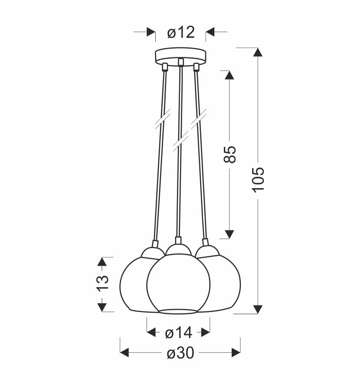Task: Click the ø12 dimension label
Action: point(180,32)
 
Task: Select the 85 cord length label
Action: point(230,154)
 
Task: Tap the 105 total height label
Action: point(258,179)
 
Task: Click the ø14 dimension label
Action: point(178,333)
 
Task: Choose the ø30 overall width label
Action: point(180,354)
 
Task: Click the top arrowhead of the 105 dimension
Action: point(258,52)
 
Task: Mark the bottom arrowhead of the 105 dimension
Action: point(258,309)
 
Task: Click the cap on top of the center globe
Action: point(178,248)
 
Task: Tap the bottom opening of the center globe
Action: point(178,310)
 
